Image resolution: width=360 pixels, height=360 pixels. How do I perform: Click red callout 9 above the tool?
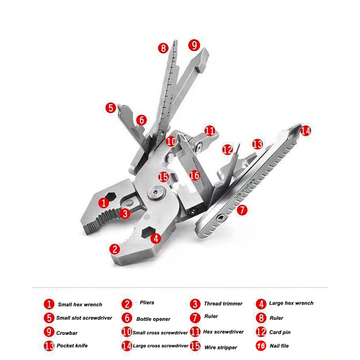coord(193,45)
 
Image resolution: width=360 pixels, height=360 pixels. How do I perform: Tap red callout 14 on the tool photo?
coord(306,131)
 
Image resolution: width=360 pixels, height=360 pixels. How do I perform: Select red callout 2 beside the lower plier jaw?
coord(115,248)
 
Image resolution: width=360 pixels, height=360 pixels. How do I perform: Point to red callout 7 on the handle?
coord(242,210)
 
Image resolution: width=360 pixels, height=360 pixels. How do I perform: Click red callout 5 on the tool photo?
coord(111,108)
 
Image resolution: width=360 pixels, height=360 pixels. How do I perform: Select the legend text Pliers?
coord(147,303)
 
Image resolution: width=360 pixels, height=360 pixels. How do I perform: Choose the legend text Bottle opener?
coord(153,319)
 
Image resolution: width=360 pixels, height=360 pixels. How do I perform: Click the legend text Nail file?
coord(279,346)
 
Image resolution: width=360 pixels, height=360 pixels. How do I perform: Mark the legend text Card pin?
coord(280,333)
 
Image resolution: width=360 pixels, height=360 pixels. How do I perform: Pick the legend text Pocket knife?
coord(72,346)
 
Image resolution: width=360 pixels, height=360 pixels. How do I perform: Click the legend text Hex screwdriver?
coord(223,332)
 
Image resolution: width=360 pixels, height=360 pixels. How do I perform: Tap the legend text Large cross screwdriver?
coord(161,346)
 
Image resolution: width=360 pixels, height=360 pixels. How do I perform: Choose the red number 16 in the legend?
coord(261,346)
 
